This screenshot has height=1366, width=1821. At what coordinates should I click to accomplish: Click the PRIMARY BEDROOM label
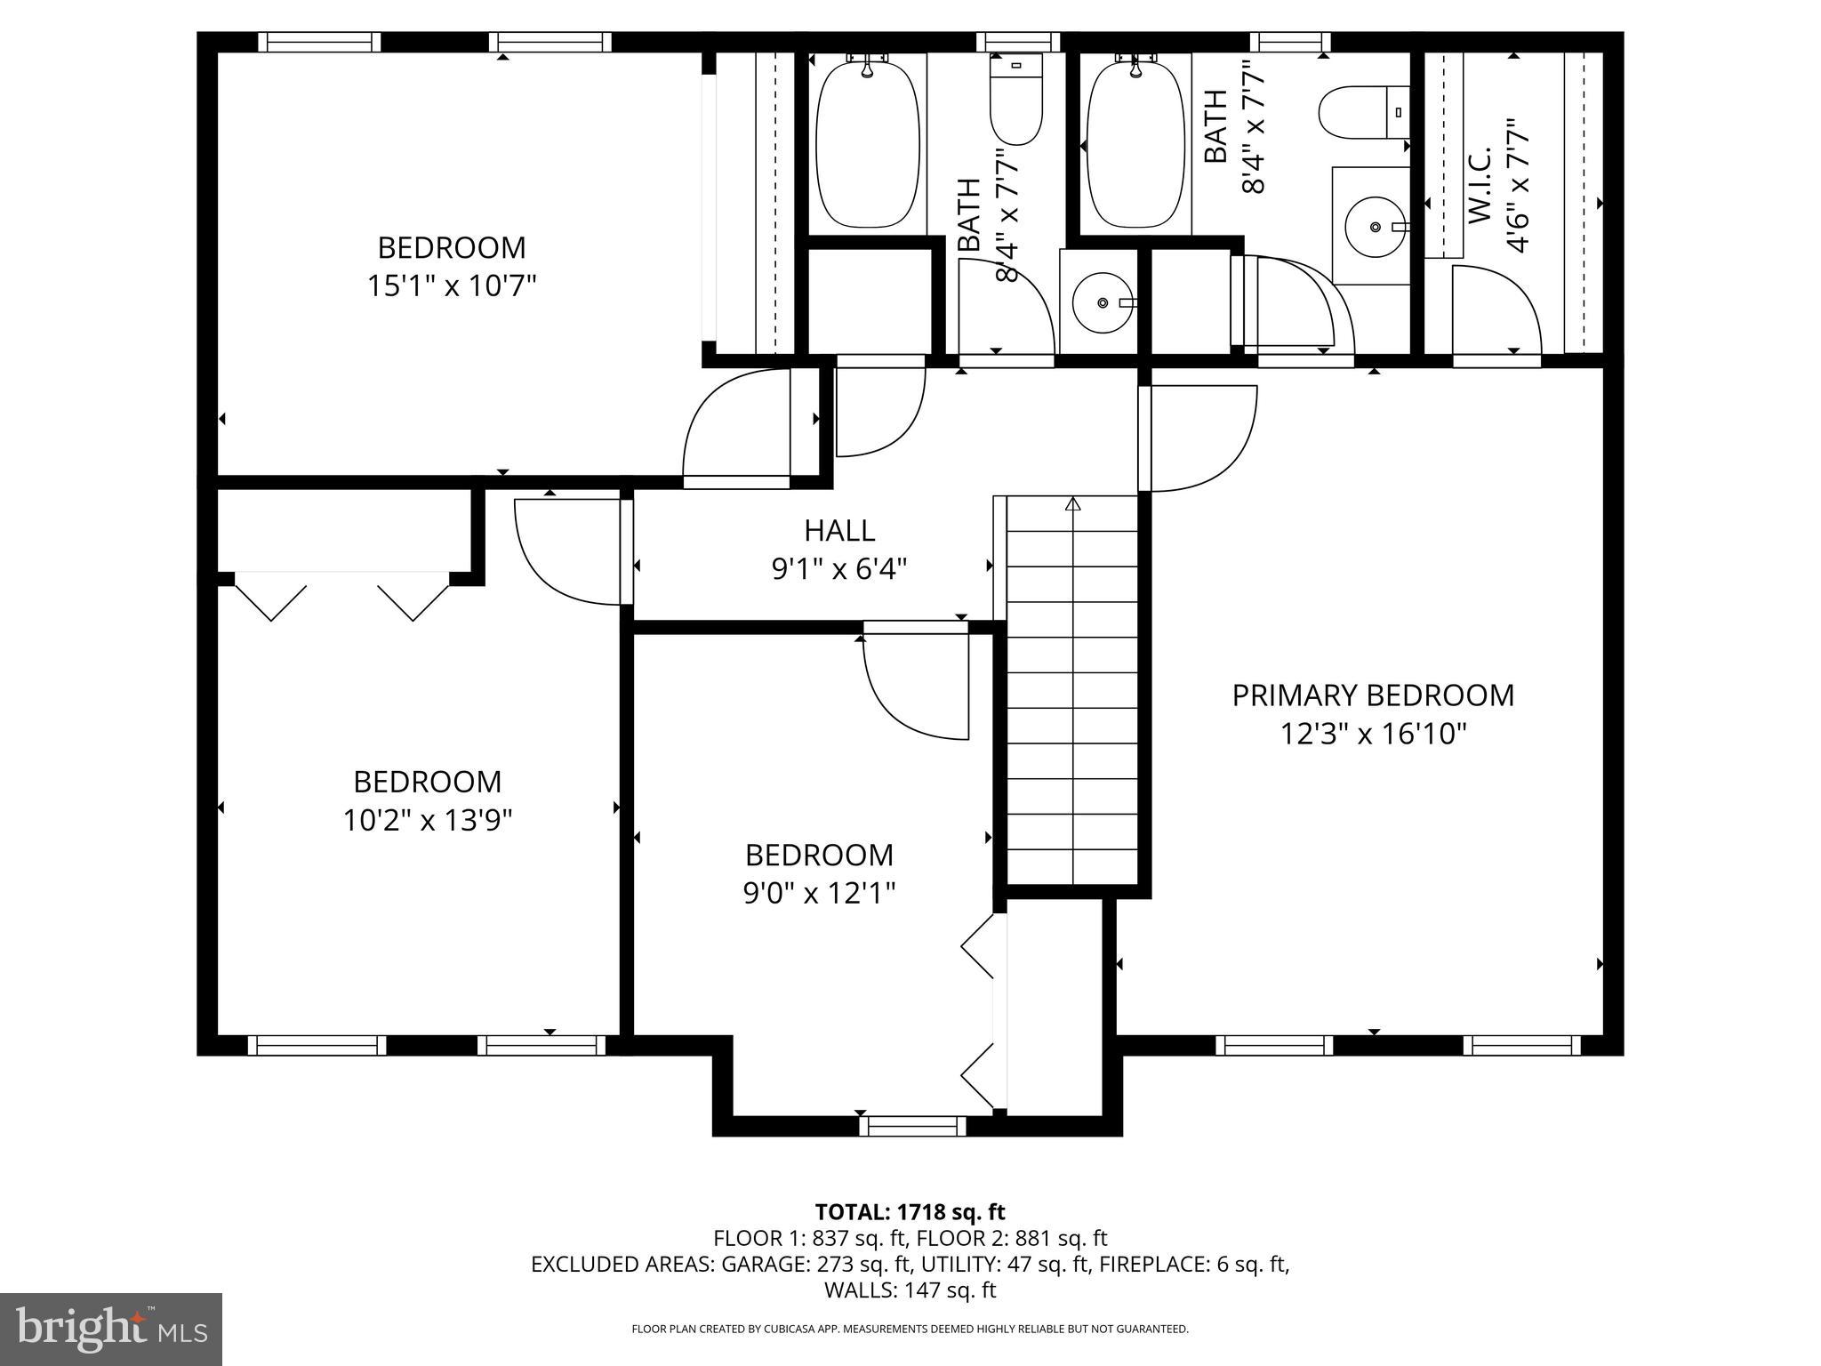pyautogui.click(x=1372, y=695)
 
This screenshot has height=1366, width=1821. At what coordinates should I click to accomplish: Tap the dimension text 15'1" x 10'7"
pyautogui.click(x=452, y=286)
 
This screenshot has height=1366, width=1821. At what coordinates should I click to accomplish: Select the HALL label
pyautogui.click(x=839, y=531)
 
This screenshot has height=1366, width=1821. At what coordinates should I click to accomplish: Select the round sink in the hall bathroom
pyautogui.click(x=1103, y=303)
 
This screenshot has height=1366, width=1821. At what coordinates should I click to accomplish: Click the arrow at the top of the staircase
pyautogui.click(x=1072, y=504)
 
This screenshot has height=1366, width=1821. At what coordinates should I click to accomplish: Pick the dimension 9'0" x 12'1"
pyautogui.click(x=819, y=893)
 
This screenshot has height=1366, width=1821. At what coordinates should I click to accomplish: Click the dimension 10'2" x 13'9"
pyautogui.click(x=428, y=820)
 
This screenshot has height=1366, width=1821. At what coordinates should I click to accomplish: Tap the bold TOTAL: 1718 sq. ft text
pyautogui.click(x=910, y=1212)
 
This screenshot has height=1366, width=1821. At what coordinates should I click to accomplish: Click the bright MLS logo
pyautogui.click(x=111, y=1329)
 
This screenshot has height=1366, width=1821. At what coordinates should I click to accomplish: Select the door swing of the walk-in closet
pyautogui.click(x=1496, y=307)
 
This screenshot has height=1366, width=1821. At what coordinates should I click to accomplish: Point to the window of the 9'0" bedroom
pyautogui.click(x=912, y=1126)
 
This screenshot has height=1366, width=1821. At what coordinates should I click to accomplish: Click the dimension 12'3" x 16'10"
pyautogui.click(x=1372, y=735)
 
